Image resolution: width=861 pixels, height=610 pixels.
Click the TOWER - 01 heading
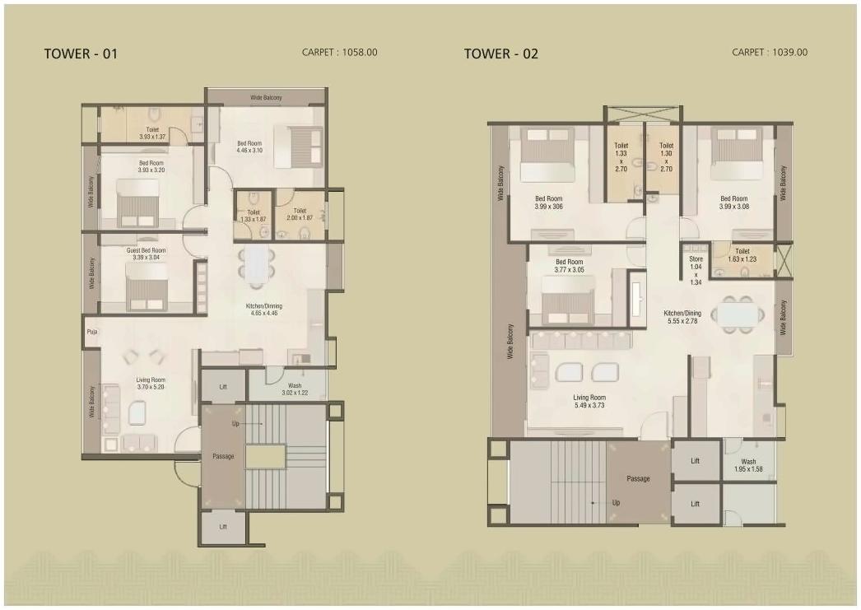pos(81,54)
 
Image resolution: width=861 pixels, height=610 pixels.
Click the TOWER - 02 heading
pos(500,54)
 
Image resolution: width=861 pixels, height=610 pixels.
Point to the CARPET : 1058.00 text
pos(340,53)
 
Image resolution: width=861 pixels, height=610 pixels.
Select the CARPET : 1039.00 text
pos(770,53)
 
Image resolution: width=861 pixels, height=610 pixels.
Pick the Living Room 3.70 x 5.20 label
pos(151,384)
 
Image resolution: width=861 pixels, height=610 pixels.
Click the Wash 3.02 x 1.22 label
pos(294,389)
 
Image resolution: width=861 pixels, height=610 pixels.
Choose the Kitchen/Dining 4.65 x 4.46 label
pos(263,310)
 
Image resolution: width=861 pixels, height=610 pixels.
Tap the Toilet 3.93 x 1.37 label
pos(152,133)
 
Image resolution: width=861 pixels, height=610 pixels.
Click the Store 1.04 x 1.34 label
pos(696,270)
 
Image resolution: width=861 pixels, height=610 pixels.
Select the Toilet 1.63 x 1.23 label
pos(742,255)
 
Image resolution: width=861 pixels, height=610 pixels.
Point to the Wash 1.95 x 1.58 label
pos(747,466)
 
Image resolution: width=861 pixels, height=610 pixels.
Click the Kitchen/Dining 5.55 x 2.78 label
pos(682,318)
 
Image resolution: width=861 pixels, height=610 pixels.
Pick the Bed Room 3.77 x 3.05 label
pos(569,266)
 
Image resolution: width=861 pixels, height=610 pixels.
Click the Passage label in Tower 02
pos(638,479)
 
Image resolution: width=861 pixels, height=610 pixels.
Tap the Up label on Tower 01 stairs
pos(236,423)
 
